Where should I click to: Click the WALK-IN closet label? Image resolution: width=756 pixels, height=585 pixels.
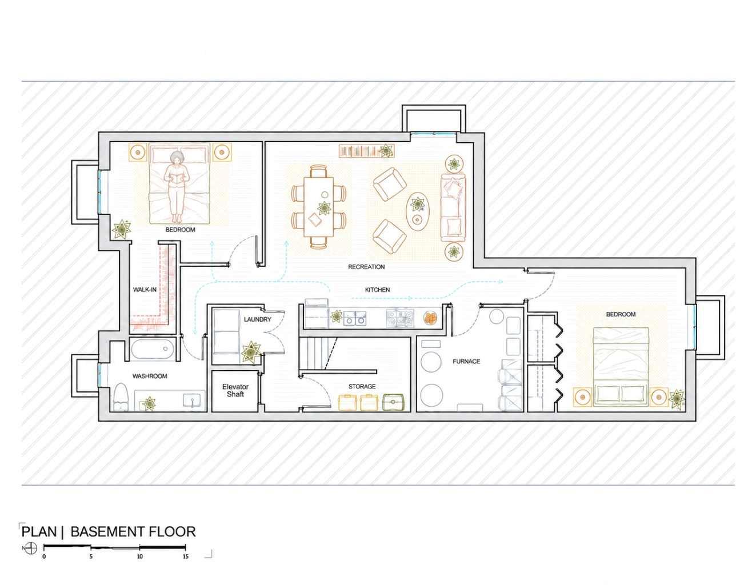pyautogui.click(x=145, y=290)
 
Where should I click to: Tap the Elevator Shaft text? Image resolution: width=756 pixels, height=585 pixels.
pyautogui.click(x=235, y=391)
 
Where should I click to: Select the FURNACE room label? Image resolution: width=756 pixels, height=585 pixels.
pyautogui.click(x=466, y=362)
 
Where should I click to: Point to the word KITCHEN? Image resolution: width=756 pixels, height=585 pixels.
pyautogui.click(x=377, y=290)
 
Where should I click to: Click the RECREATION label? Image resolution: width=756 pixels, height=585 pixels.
pyautogui.click(x=366, y=267)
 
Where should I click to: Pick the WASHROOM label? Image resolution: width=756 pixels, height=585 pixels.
pyautogui.click(x=150, y=376)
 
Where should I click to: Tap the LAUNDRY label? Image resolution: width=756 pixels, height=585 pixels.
pyautogui.click(x=258, y=319)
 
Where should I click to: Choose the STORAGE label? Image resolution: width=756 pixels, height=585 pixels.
pyautogui.click(x=362, y=386)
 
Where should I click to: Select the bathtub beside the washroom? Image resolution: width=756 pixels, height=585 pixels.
pyautogui.click(x=153, y=348)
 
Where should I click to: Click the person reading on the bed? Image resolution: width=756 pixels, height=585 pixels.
pyautogui.click(x=178, y=187)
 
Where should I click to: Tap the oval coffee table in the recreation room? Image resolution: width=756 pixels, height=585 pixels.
pyautogui.click(x=418, y=211)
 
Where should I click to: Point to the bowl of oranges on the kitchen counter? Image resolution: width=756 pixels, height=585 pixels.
pyautogui.click(x=430, y=318)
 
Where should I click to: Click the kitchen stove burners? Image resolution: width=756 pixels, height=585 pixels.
pyautogui.click(x=401, y=318)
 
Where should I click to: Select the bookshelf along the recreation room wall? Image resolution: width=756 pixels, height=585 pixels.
pyautogui.click(x=366, y=151)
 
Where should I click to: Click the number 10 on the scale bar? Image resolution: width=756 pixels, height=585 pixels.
pyautogui.click(x=140, y=556)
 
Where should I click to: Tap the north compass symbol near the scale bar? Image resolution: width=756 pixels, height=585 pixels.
pyautogui.click(x=31, y=548)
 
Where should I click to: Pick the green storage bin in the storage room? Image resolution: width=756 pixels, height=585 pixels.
pyautogui.click(x=393, y=402)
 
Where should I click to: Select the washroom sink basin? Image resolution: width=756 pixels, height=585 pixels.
pyautogui.click(x=191, y=400)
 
